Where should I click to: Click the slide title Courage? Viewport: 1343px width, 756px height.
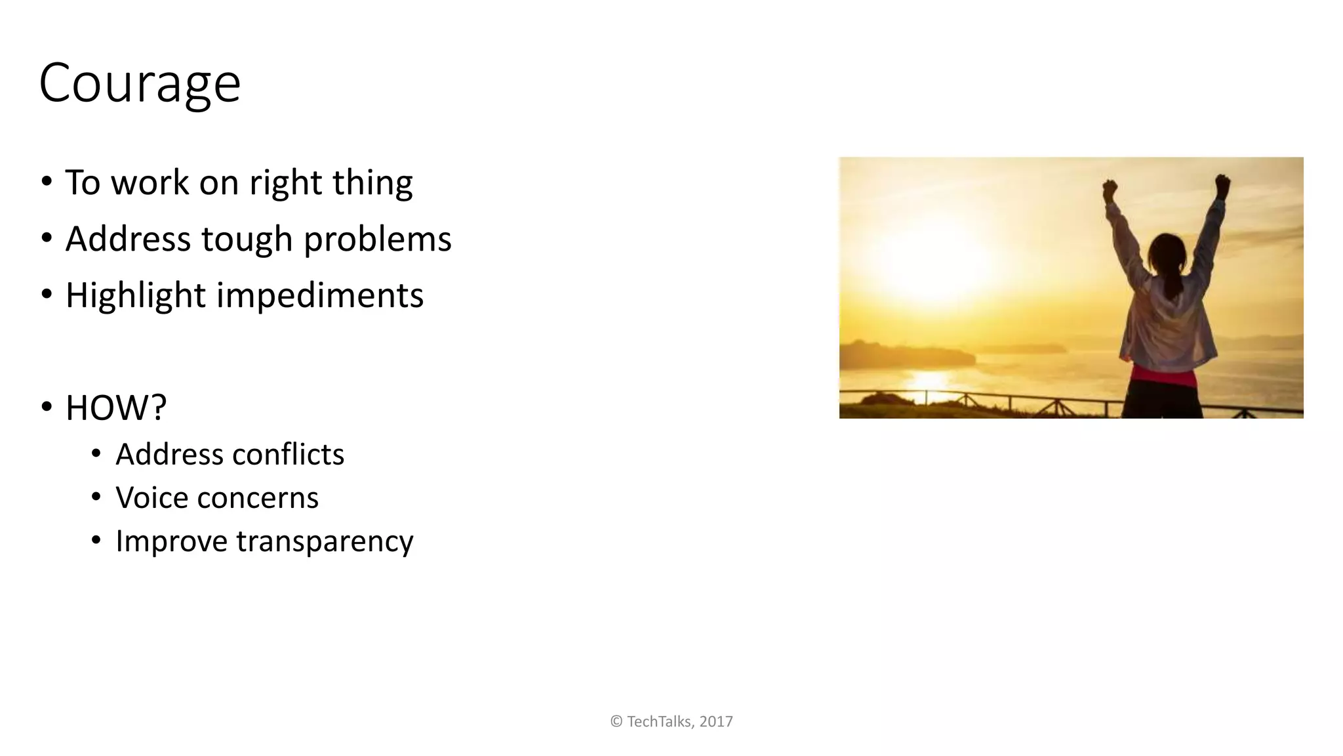coord(140,83)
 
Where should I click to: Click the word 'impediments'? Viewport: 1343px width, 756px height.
coord(320,295)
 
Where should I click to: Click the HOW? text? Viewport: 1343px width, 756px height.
coord(116,408)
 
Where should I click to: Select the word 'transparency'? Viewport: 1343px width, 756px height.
coord(325,541)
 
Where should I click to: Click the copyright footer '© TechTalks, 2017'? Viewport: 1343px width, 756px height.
coord(671,721)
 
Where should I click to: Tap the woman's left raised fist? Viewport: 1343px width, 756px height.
coord(1110,190)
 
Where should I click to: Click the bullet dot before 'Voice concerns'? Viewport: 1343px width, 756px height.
coord(96,497)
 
